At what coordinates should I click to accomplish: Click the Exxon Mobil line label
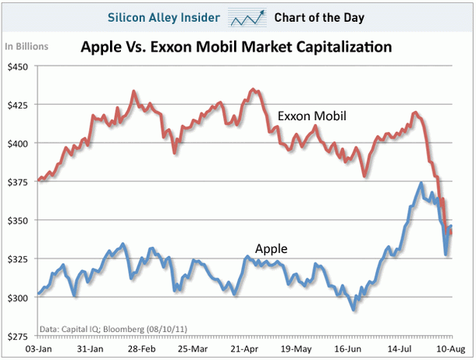point(311,116)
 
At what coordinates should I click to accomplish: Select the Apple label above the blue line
point(271,249)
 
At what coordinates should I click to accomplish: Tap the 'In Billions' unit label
point(27,46)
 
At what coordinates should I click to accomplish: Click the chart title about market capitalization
point(236,48)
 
